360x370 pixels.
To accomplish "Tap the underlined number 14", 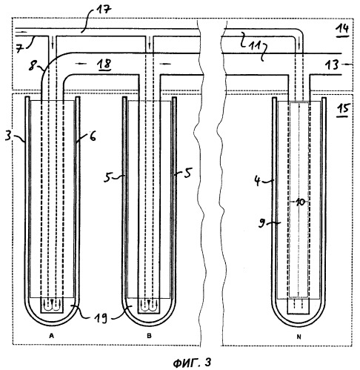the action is click(342, 29).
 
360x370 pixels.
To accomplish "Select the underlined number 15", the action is click(343, 109).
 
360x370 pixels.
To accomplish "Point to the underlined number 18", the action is click(104, 64).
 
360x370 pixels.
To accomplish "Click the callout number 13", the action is click(332, 65).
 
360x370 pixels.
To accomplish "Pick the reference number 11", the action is click(254, 46).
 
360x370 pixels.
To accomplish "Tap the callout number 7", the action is click(20, 48).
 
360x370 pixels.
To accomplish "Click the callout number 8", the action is click(32, 67).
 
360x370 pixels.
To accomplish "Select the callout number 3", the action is click(8, 136).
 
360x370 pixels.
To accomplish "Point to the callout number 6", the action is click(93, 136).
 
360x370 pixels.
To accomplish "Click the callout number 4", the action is click(257, 182).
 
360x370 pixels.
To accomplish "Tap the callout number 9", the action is click(262, 223).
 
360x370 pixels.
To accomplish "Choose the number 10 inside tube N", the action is click(300, 202).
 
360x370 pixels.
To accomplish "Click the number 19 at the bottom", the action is click(101, 318).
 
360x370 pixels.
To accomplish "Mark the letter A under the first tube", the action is click(51, 336).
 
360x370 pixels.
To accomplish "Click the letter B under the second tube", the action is click(149, 336).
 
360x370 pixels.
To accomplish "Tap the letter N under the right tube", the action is click(299, 337).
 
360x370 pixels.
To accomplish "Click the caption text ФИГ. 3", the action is click(192, 363).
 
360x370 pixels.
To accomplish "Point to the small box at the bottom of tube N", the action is click(299, 306).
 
